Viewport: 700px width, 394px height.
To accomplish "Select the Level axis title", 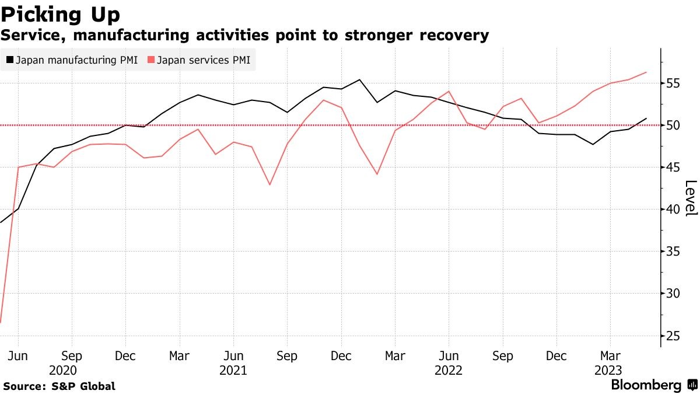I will pyautogui.click(x=690, y=198).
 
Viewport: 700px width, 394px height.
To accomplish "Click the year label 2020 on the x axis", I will pyautogui.click(x=63, y=370).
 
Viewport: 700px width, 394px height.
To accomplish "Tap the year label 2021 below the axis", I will pyautogui.click(x=233, y=370).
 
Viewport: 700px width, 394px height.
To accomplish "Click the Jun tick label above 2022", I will pyautogui.click(x=449, y=356).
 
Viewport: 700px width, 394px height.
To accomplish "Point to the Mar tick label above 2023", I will pyautogui.click(x=610, y=356).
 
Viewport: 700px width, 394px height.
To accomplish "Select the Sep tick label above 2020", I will pyautogui.click(x=72, y=356).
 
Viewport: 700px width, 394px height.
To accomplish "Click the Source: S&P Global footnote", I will pyautogui.click(x=59, y=386).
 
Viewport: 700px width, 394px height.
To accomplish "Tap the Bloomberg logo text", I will pyautogui.click(x=646, y=385).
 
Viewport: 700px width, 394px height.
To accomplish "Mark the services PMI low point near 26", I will pyautogui.click(x=1, y=322).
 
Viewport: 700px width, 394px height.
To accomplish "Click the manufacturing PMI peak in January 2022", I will pyautogui.click(x=359, y=80).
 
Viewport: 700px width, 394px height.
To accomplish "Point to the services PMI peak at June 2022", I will pyautogui.click(x=449, y=91).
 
